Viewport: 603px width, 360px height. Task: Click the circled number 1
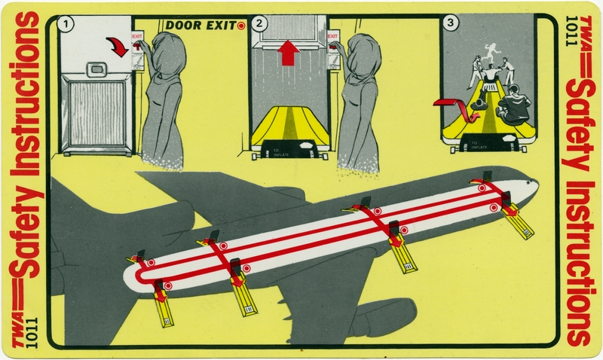click(69, 23)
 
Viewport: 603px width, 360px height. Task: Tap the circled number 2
click(261, 23)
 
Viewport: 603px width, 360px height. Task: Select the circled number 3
click(451, 23)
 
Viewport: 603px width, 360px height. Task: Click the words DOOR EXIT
click(200, 25)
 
